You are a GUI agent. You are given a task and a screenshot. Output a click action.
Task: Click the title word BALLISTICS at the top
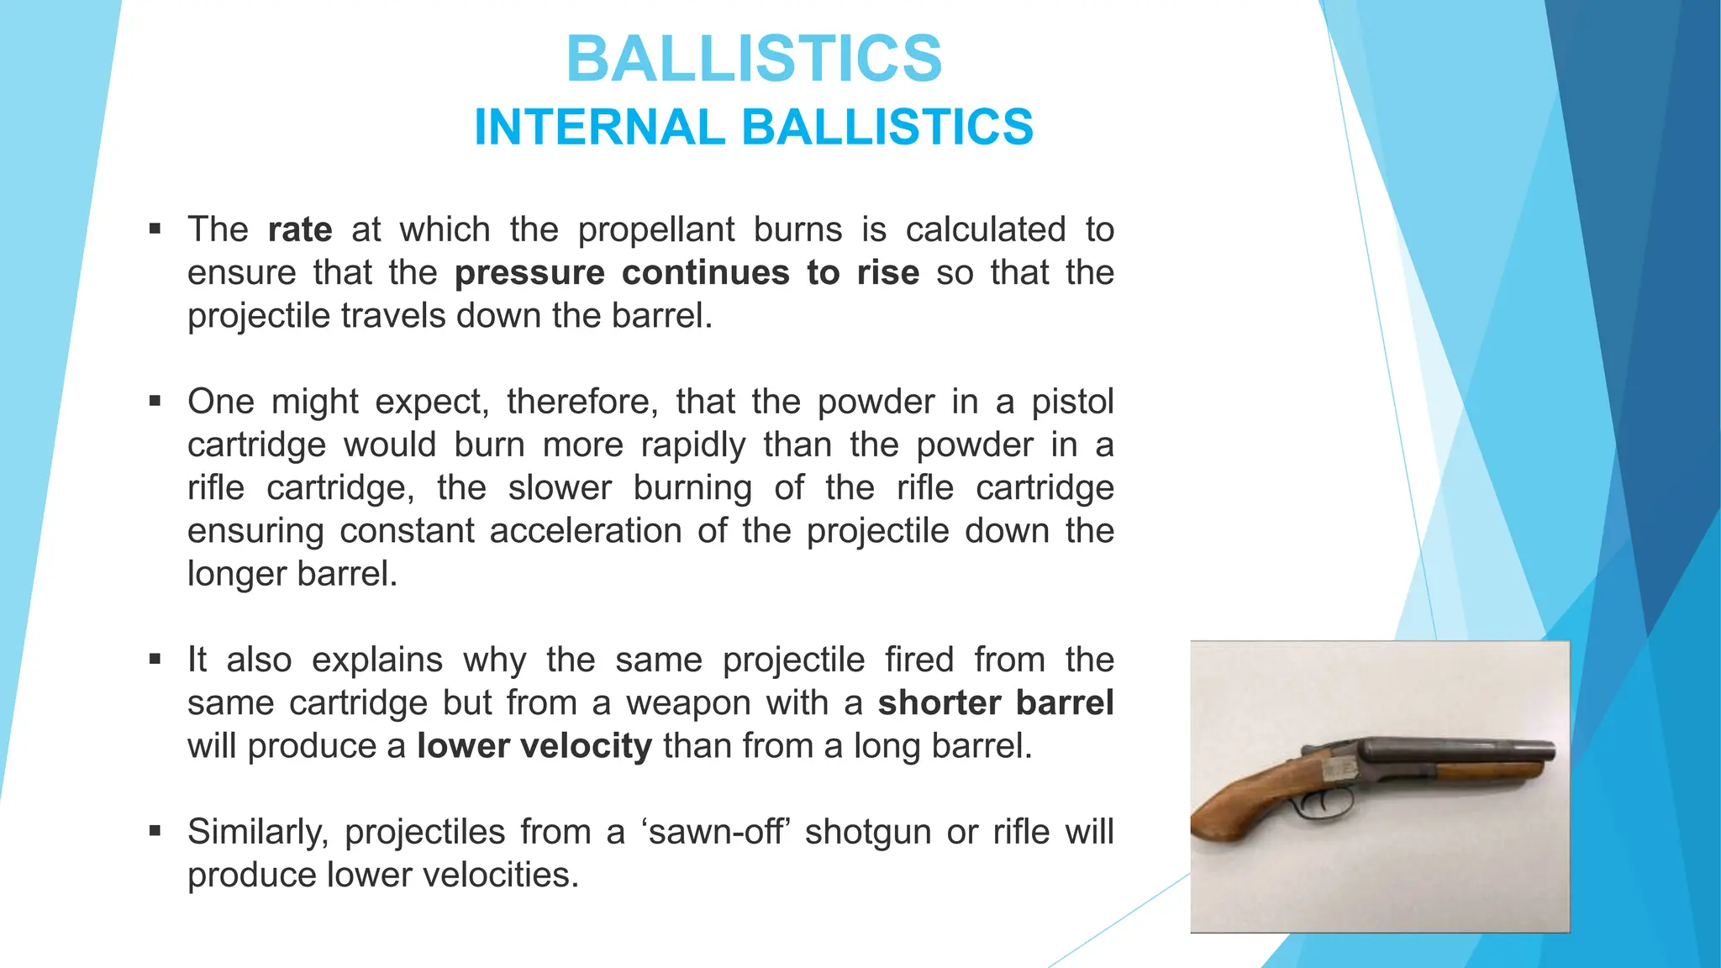coord(754,59)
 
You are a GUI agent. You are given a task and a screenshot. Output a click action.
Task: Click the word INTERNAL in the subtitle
coord(598,128)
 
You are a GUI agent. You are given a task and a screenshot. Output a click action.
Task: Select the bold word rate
coord(300,230)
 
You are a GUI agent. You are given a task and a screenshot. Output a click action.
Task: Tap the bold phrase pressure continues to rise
coord(687,273)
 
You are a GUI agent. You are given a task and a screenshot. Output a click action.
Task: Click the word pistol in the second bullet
coord(1072,402)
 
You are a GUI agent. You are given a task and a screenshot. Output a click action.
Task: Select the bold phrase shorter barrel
coord(995,703)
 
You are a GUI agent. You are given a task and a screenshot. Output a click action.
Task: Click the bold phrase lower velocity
coord(534,746)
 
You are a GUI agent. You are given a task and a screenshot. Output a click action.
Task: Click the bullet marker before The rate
coord(155,229)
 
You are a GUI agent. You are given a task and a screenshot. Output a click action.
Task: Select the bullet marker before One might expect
coord(155,401)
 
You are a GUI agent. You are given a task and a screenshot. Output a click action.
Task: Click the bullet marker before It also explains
coord(155,659)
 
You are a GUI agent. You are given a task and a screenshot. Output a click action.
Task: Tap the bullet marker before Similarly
coord(155,831)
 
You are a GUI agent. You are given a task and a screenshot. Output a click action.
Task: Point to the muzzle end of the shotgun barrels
coord(1548,754)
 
